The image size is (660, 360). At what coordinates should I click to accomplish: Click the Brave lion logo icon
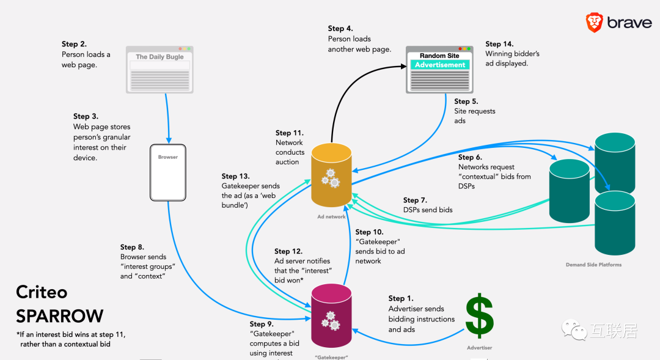tap(594, 23)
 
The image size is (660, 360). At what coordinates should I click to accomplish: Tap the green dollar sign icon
tap(480, 317)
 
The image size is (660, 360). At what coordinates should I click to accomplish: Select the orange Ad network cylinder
tap(332, 175)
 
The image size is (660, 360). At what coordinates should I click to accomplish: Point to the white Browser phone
tap(168, 172)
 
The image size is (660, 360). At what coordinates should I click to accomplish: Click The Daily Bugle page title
tap(159, 57)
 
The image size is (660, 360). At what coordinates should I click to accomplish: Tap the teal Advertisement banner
tap(440, 65)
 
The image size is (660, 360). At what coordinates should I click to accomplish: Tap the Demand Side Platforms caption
tap(593, 265)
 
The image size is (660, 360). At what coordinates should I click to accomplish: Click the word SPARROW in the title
tap(59, 316)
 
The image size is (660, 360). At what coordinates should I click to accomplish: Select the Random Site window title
tap(439, 56)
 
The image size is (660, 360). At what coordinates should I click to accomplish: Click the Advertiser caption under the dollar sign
tap(479, 348)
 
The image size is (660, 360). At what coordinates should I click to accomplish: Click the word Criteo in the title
tap(42, 293)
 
